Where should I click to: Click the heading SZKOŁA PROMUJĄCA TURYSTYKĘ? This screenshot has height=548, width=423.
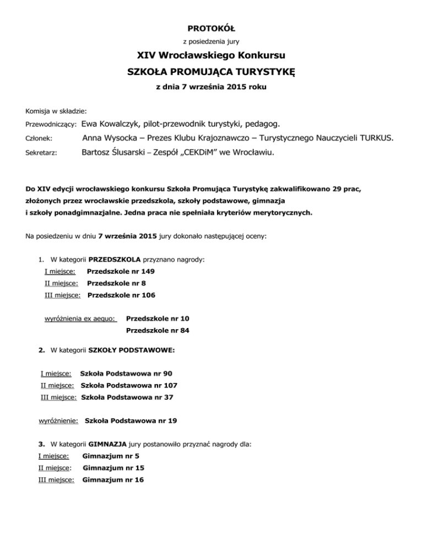click(x=211, y=72)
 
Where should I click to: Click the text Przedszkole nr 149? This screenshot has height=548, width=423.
click(x=121, y=271)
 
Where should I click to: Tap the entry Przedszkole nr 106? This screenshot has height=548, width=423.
click(x=121, y=295)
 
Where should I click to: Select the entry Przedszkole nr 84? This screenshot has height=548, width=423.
click(x=158, y=331)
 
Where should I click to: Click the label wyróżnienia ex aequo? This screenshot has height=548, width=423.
click(x=80, y=319)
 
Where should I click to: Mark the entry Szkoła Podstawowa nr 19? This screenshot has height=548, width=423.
click(x=131, y=421)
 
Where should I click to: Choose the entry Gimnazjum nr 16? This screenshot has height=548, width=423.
click(x=113, y=480)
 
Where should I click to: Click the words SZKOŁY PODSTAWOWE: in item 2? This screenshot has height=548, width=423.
click(x=132, y=350)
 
